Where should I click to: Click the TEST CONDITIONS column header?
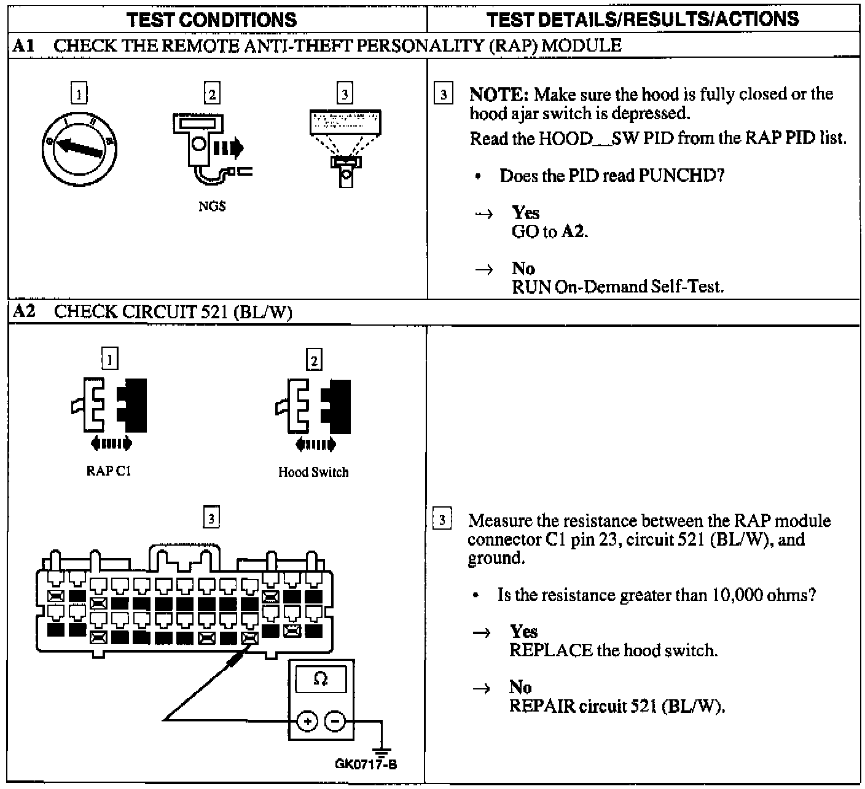point(211,20)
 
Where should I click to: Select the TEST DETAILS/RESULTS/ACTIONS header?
point(643,19)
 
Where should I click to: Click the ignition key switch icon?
point(79,147)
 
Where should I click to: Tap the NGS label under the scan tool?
point(212,207)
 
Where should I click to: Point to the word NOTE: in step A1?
point(498,95)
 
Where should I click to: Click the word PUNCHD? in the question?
point(681,176)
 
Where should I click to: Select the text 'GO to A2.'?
point(550,232)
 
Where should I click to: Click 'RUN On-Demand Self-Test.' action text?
point(617,287)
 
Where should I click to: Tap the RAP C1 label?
point(109,471)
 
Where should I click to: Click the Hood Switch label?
point(313,473)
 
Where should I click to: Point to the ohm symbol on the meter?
point(321,679)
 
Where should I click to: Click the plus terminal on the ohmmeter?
point(307,721)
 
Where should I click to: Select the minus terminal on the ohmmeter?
point(335,721)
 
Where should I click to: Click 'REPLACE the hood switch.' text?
point(613,650)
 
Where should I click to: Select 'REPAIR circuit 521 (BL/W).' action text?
point(617,706)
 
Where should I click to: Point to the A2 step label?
point(24,312)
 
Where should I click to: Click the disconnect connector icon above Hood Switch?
point(313,409)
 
